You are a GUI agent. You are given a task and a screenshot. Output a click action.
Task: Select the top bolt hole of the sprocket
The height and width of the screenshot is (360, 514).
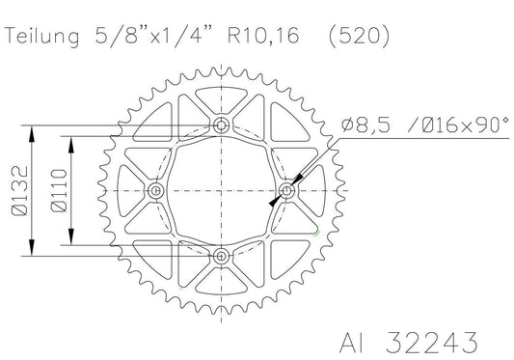[223, 125]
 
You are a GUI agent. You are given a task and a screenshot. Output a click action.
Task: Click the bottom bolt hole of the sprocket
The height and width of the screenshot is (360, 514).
[223, 255]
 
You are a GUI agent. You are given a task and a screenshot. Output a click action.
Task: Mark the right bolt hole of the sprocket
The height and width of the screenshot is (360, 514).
[288, 190]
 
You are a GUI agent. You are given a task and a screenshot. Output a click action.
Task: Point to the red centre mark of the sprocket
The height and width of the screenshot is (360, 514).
[223, 190]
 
